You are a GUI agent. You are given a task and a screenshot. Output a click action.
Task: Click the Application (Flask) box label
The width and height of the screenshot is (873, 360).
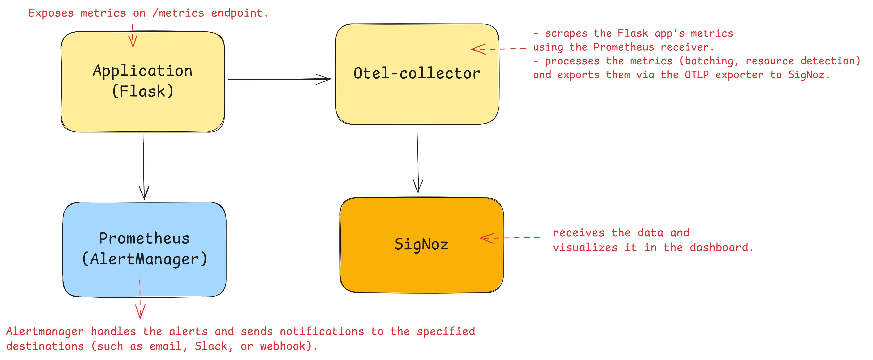(143, 81)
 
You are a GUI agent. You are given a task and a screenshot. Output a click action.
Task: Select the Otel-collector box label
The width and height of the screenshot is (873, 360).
(417, 73)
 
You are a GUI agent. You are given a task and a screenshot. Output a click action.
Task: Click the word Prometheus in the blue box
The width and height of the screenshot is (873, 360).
(144, 238)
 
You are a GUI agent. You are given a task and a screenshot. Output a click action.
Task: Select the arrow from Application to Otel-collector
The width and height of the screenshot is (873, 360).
(278, 79)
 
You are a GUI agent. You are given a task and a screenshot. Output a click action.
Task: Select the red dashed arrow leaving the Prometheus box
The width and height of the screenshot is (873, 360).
(140, 299)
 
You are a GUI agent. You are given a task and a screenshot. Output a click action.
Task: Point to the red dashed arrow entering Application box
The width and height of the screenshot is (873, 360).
(133, 36)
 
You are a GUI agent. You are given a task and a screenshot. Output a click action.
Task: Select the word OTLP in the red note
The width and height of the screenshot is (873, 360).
(697, 75)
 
